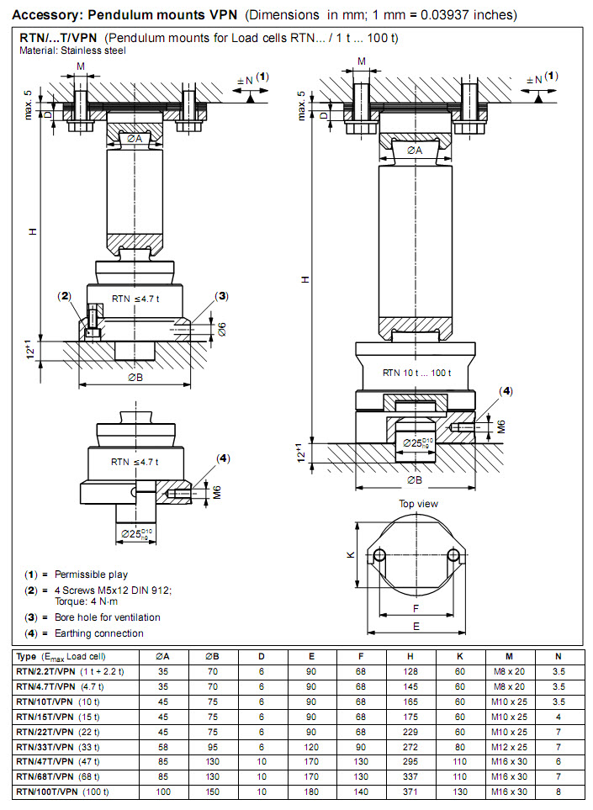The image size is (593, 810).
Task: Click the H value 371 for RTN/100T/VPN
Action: [x=410, y=792]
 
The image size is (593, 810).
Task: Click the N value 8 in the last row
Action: [x=558, y=792]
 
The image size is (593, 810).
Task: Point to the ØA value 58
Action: [x=162, y=746]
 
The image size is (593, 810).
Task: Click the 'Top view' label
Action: [x=418, y=504]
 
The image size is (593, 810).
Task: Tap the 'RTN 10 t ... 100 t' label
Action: [x=416, y=373]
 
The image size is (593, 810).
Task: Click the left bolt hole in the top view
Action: [x=380, y=555]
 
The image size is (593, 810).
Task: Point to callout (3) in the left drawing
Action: [x=221, y=295]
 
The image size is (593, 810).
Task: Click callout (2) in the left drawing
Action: [x=65, y=295]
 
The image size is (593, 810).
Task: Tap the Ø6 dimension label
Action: [x=222, y=329]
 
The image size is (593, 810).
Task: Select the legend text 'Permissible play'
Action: [x=91, y=574]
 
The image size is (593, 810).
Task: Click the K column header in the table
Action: [x=459, y=656]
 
